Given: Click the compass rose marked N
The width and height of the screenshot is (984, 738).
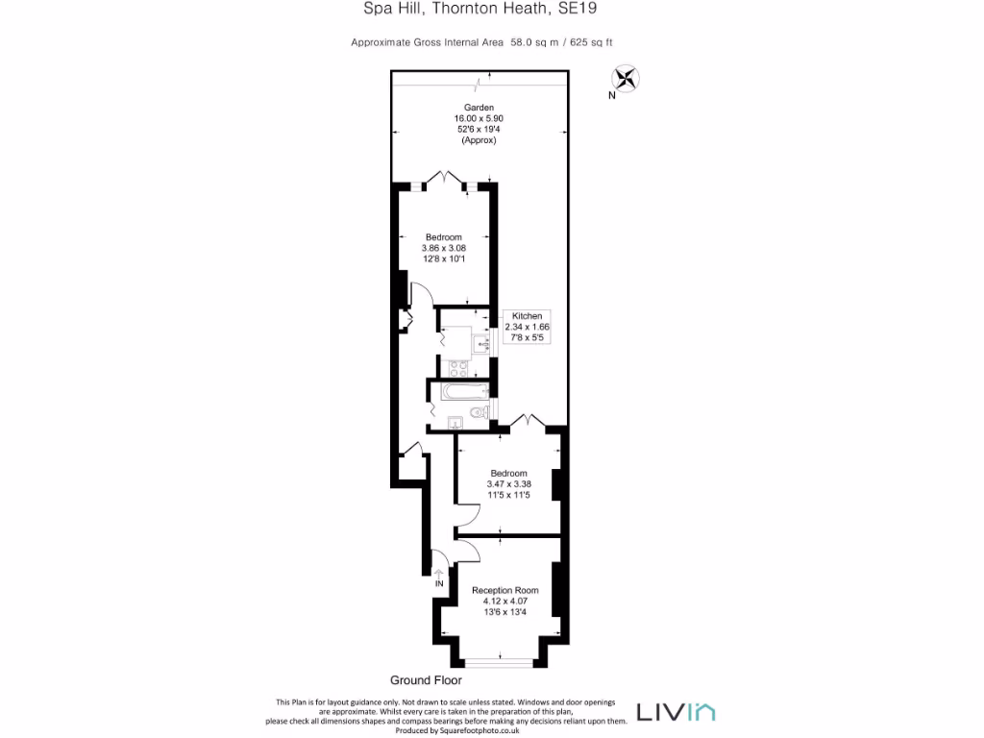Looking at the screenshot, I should (626, 79).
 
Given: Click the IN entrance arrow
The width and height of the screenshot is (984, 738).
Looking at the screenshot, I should (439, 576).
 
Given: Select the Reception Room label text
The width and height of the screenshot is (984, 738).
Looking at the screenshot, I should (504, 590).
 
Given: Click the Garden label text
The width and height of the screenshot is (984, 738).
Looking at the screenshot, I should (479, 107).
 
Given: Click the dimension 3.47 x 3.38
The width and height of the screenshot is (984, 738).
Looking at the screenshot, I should (508, 484).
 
